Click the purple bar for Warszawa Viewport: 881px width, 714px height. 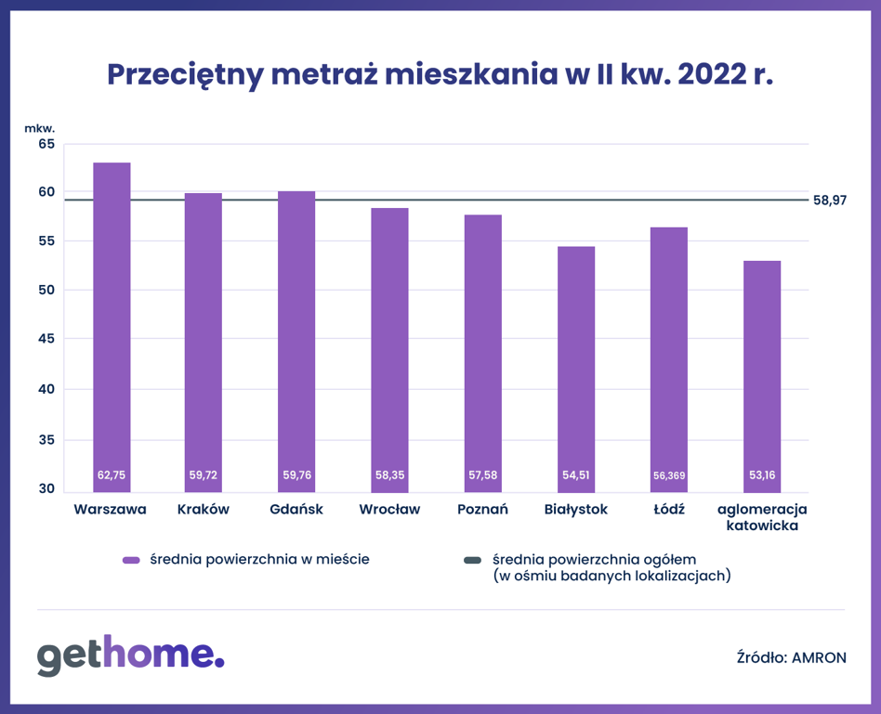tap(112, 325)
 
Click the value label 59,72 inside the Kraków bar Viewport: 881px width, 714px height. tap(204, 475)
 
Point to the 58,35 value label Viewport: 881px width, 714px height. tap(390, 475)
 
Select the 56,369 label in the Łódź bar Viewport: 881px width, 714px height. tap(669, 475)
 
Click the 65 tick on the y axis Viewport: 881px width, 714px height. tap(46, 144)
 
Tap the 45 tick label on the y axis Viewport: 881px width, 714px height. tap(46, 339)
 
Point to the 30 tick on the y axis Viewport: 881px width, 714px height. tap(46, 489)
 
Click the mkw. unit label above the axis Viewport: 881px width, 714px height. tap(40, 127)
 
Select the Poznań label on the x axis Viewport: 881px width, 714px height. tap(482, 510)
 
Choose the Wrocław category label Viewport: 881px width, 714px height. tap(389, 510)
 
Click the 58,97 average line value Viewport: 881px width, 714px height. tap(830, 200)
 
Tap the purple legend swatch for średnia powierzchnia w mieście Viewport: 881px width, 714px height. tap(131, 560)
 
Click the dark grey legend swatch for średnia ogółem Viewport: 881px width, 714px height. tap(472, 560)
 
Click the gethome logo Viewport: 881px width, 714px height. tap(130, 656)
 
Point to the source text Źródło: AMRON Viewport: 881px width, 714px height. tap(789, 657)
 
